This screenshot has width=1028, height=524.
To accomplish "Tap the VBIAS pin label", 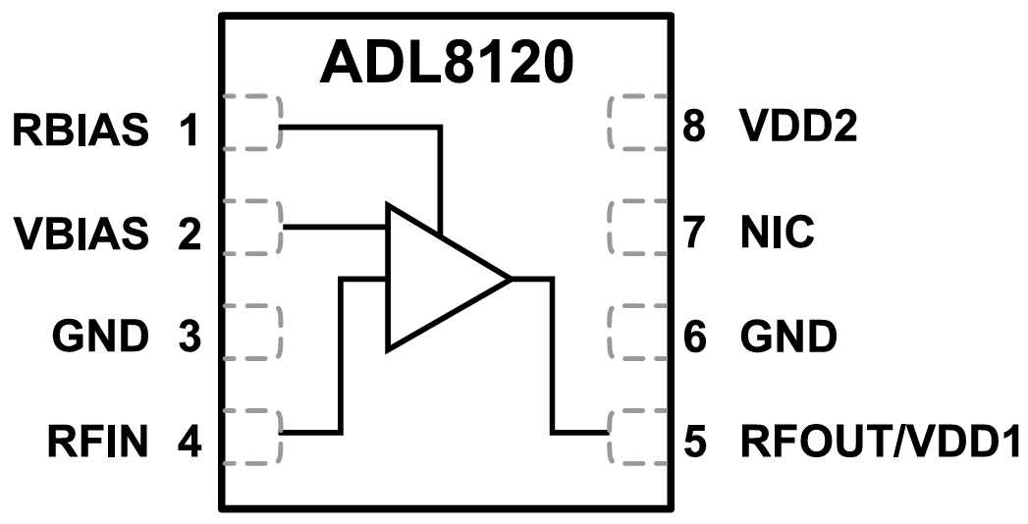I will (x=81, y=234).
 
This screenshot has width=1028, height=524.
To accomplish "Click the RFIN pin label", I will (x=97, y=443).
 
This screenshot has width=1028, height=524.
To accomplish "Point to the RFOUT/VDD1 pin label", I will (x=882, y=443).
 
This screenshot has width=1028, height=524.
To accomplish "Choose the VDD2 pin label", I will (x=797, y=129).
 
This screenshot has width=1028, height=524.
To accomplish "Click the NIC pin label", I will (x=777, y=234).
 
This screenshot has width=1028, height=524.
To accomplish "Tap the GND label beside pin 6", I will (x=787, y=338).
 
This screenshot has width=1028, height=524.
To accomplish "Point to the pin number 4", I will (x=189, y=443).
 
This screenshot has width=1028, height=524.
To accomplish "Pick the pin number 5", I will (x=695, y=443).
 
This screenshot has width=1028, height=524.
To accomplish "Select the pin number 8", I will (x=695, y=129).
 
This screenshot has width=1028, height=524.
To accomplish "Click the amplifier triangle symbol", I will (x=432, y=279).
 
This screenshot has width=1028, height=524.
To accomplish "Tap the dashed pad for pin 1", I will (x=252, y=124).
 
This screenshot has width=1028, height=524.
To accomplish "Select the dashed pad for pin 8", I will (x=638, y=124).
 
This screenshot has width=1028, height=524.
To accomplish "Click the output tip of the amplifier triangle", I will (x=510, y=279).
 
